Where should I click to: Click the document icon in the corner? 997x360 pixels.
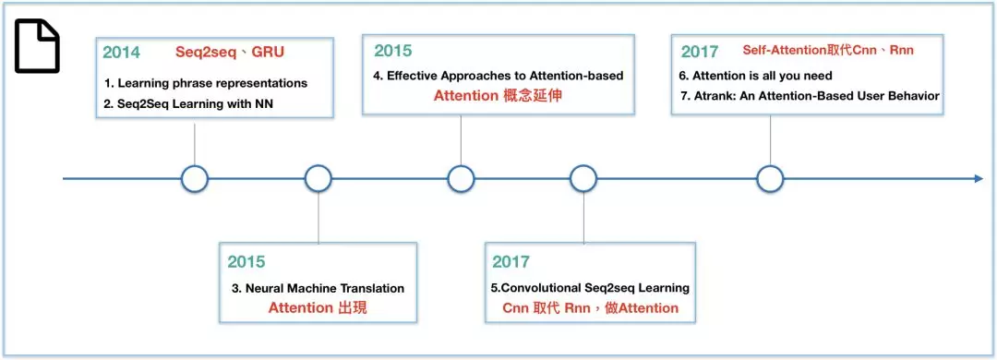pos(37,46)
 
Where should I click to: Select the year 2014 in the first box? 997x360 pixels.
pos(122,53)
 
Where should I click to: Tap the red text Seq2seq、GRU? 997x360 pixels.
pos(230,53)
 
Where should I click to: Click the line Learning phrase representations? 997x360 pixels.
pos(206,83)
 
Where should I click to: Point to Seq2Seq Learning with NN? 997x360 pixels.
pos(188,103)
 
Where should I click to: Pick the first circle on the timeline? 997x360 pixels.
pos(195,179)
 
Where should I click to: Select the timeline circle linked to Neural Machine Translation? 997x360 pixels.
pos(318,179)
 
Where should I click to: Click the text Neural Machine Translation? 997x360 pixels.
pos(318,288)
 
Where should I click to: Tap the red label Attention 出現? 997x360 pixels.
pos(318,308)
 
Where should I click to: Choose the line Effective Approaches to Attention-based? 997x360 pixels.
pos(498,76)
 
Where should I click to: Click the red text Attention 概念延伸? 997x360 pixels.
pos(498,96)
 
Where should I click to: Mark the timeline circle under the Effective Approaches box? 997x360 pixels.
pos(461,179)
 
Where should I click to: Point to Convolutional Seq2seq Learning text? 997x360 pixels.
pos(590,288)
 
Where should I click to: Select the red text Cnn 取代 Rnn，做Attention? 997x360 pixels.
pos(590,308)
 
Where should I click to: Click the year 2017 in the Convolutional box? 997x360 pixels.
pos(511,261)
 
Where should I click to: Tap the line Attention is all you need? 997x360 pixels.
pos(755,77)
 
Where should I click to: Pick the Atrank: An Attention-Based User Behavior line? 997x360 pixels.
pos(809,96)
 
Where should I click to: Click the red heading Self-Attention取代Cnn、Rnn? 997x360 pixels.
pos(828,50)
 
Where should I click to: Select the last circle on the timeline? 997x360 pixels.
pos(771,179)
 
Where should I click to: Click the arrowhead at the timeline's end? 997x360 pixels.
pos(979,179)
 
